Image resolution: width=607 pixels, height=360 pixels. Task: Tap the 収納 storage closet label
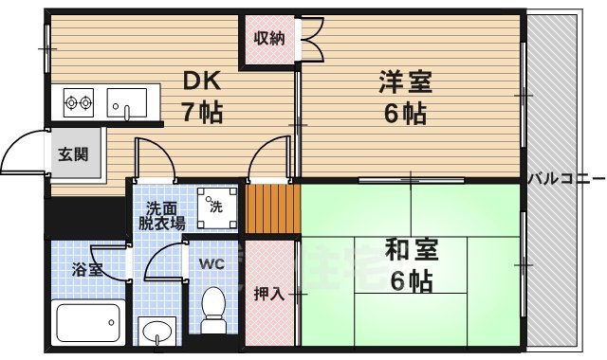click(x=268, y=39)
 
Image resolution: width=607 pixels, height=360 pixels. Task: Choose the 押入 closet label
click(x=268, y=294)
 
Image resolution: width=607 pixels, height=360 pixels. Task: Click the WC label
click(x=212, y=265)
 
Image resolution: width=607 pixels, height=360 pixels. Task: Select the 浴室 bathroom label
click(x=86, y=269)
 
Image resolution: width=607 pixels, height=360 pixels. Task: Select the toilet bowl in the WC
click(x=213, y=309)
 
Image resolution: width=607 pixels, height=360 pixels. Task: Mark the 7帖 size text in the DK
click(x=202, y=114)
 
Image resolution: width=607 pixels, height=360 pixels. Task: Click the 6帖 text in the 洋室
click(x=404, y=114)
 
